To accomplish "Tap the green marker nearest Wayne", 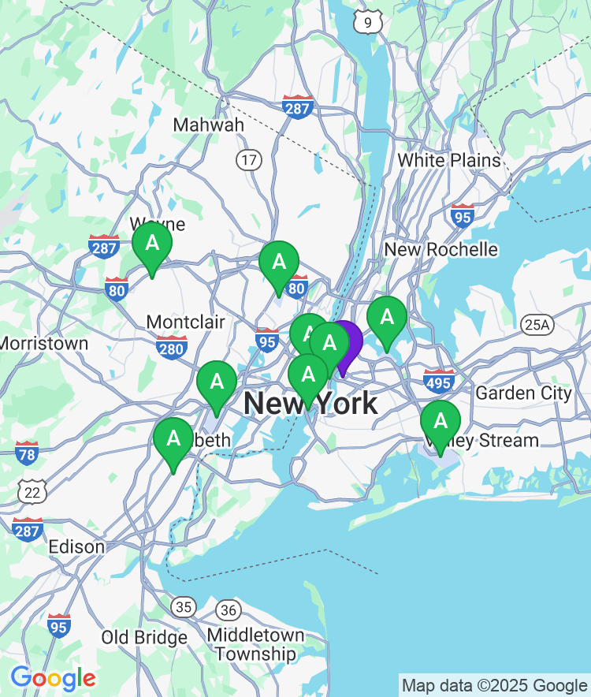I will [152, 244].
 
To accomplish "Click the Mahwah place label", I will [208, 125].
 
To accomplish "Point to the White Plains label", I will [448, 160].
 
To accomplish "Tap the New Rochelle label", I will [440, 250].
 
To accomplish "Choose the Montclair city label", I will [186, 322].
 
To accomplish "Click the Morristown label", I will [44, 344].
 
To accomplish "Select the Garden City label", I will [523, 393].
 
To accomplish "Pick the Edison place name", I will [76, 546].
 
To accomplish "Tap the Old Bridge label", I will [144, 637].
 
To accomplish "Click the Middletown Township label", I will [255, 644].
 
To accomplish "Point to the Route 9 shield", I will [367, 22].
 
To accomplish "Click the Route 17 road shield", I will [249, 160].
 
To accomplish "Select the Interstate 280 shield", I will [171, 346].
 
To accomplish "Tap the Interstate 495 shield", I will [439, 381].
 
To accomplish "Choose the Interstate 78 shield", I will [27, 453].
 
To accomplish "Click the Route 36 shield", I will [229, 609].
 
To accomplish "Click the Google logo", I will [53, 677].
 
